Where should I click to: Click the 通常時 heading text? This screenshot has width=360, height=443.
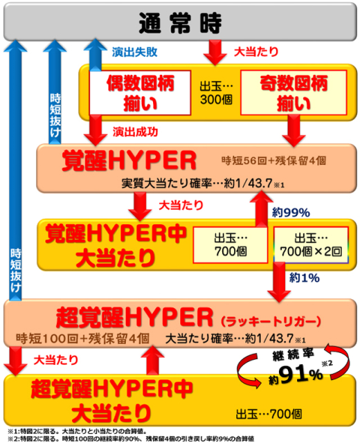click(x=180, y=23)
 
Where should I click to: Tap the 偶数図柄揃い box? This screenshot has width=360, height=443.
click(x=140, y=93)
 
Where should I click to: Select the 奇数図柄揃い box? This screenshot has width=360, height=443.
click(x=294, y=93)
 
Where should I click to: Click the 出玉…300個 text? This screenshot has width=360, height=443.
click(x=216, y=93)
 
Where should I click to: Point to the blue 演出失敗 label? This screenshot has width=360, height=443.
click(x=134, y=52)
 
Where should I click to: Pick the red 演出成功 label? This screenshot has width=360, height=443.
click(x=136, y=132)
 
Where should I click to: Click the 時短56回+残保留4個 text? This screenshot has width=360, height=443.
click(x=274, y=161)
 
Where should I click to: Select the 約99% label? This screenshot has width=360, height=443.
click(x=291, y=213)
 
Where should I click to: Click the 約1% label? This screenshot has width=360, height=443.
click(x=305, y=278)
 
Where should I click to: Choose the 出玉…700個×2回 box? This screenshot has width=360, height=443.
click(x=311, y=245)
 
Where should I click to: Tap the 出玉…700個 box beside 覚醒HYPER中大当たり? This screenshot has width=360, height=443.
click(x=231, y=245)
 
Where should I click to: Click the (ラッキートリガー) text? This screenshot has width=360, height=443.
click(x=271, y=321)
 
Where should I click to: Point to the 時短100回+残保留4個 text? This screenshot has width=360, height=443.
click(x=82, y=338)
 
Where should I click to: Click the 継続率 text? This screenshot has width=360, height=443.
click(x=293, y=354)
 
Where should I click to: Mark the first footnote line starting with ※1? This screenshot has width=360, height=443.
click(x=77, y=431)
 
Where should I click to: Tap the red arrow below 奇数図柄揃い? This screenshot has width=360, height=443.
click(x=294, y=131)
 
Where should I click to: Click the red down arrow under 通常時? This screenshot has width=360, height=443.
click(x=215, y=53)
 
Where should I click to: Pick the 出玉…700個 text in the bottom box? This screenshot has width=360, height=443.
click(x=269, y=415)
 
